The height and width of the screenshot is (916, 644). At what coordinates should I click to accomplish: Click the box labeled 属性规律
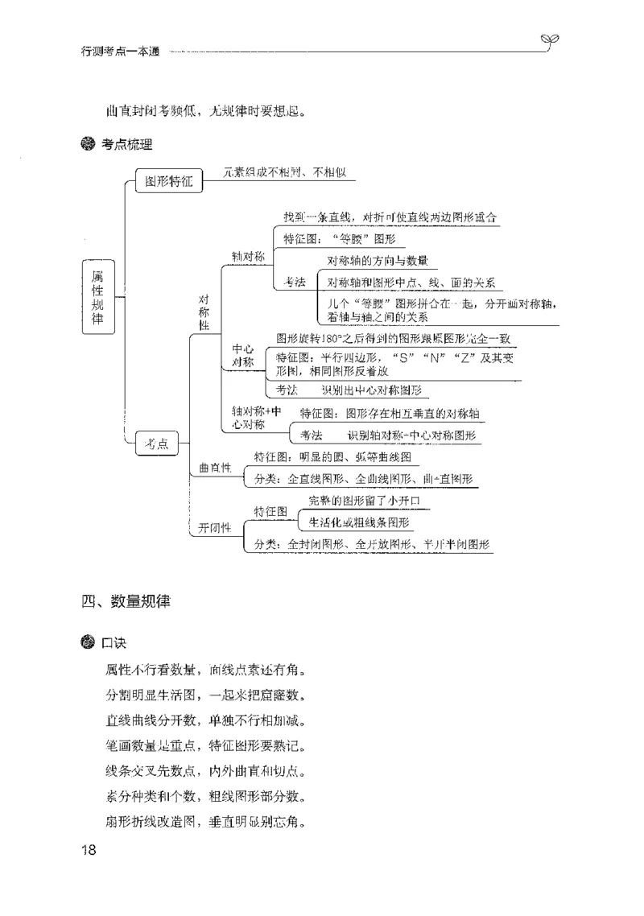click(98, 296)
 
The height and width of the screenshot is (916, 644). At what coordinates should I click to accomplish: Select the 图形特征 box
click(169, 182)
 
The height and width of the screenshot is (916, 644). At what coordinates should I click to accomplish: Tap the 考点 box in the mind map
click(157, 444)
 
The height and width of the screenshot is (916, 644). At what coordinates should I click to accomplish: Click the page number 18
click(89, 851)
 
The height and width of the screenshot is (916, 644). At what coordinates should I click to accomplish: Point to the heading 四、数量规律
click(126, 601)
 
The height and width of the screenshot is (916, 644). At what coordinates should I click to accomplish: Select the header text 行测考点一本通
click(121, 52)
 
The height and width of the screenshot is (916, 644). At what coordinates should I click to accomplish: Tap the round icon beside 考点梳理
click(88, 145)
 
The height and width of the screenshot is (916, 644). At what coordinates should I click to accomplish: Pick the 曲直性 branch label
click(215, 468)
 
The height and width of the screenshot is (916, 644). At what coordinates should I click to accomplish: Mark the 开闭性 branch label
click(215, 528)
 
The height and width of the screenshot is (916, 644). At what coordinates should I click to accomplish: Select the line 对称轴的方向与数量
click(377, 261)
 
